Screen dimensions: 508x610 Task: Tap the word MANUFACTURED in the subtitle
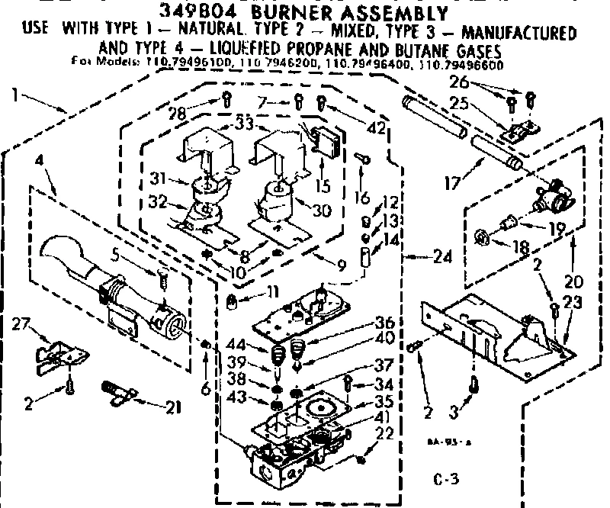pos(520,33)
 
